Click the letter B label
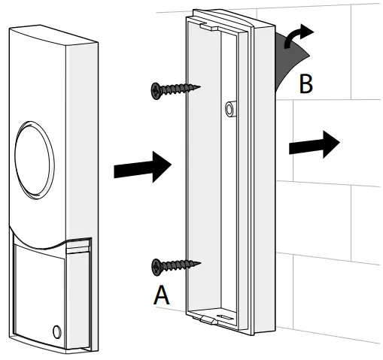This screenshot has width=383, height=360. click(x=305, y=84)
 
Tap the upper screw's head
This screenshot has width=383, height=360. click(x=156, y=91)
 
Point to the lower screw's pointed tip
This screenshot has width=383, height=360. click(x=201, y=263)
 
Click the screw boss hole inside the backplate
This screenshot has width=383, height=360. click(x=229, y=108)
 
